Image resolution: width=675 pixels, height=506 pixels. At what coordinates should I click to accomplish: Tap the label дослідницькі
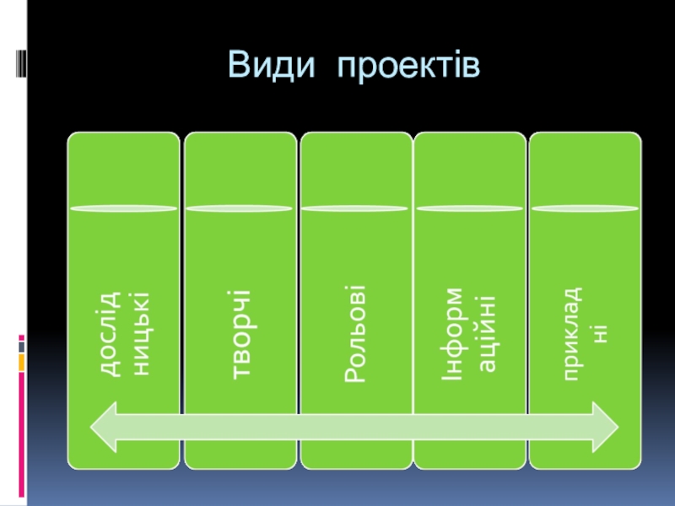click(123, 336)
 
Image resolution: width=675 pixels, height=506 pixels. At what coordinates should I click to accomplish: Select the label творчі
click(240, 336)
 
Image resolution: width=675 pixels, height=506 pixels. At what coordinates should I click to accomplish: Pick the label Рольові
click(356, 336)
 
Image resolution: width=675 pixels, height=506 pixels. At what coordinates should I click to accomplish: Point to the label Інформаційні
click(469, 336)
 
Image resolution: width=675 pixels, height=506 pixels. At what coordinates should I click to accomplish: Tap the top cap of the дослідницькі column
click(123, 169)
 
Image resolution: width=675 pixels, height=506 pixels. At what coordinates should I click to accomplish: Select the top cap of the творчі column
click(240, 169)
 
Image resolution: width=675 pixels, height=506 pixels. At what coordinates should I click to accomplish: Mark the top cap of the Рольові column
click(356, 169)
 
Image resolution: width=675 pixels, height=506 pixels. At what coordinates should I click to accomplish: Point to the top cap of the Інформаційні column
click(469, 169)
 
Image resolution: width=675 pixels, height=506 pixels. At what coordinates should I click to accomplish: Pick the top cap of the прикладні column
click(584, 169)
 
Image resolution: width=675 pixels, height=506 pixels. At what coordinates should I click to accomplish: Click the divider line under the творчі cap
click(240, 207)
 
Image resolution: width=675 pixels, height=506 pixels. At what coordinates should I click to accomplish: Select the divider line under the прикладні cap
click(584, 207)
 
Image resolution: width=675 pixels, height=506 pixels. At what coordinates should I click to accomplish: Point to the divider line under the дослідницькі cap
click(123, 207)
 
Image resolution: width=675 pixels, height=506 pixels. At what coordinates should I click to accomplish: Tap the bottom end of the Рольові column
click(356, 460)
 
